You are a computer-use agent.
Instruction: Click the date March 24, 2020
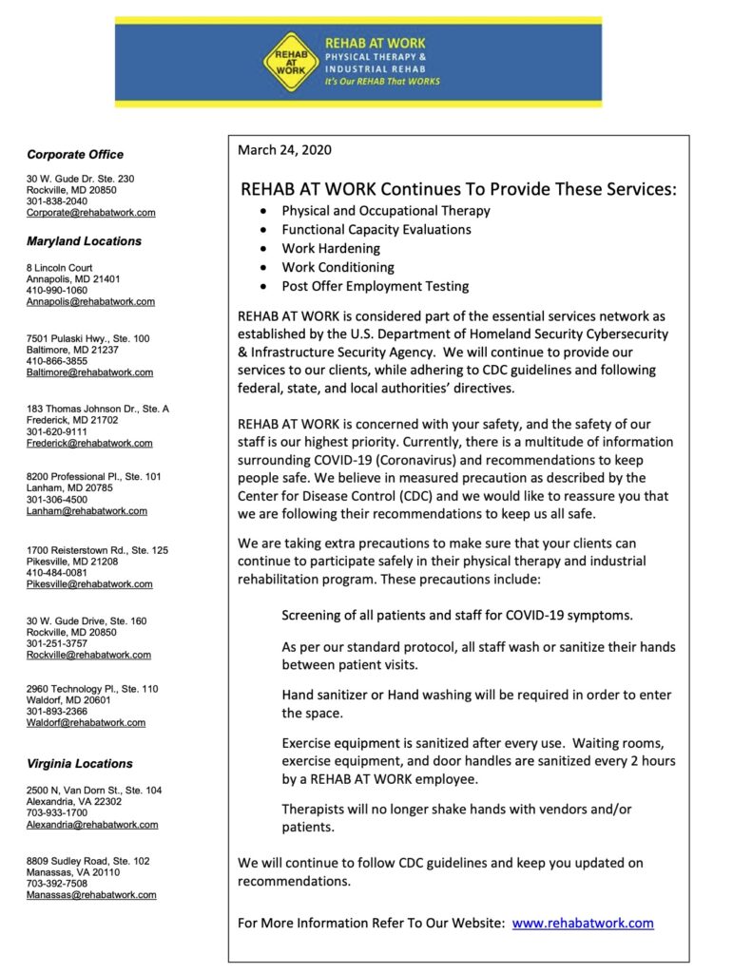pos(284,150)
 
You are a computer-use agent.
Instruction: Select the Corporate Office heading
pos(75,154)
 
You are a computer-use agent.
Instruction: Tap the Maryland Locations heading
pos(84,241)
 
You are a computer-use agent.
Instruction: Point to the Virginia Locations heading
pos(80,763)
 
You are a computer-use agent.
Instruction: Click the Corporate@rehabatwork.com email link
pos(90,213)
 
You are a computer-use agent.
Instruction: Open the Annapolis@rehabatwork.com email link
pos(90,301)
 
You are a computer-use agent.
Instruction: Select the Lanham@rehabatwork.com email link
pos(87,510)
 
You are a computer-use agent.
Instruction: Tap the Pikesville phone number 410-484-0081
pos(57,573)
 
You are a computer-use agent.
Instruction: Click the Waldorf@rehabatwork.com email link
pos(86,722)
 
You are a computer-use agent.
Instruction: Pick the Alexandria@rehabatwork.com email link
pos(92,825)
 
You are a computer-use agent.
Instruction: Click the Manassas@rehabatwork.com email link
pos(91,894)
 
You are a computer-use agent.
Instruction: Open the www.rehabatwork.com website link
pos(583,923)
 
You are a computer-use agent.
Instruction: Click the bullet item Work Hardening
pos(331,248)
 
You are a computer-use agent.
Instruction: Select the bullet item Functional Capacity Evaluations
pos(376,229)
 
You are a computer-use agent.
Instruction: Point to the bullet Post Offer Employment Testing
pos(376,286)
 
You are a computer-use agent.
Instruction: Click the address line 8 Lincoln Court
pos(60,268)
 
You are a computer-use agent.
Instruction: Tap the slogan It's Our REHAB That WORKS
pos(383,82)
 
